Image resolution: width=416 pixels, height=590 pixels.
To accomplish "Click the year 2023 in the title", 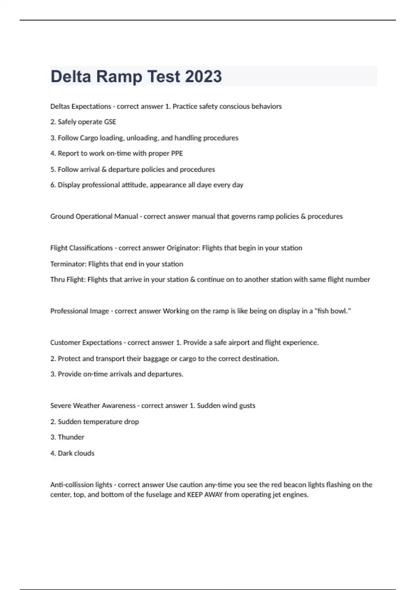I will tap(203, 76).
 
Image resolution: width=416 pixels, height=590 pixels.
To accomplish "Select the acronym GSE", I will tap(110, 122).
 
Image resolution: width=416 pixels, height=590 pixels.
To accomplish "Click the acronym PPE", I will tap(176, 153).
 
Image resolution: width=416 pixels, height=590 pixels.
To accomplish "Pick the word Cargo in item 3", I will tap(89, 138).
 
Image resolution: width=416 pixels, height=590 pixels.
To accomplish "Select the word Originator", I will tap(183, 248).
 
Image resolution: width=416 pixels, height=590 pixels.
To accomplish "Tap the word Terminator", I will tap(68, 264).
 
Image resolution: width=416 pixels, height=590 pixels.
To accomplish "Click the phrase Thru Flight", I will tap(68, 280).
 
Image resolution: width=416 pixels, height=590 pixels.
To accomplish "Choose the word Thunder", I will tap(71, 437).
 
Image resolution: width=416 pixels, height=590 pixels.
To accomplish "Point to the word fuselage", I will tap(159, 495).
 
